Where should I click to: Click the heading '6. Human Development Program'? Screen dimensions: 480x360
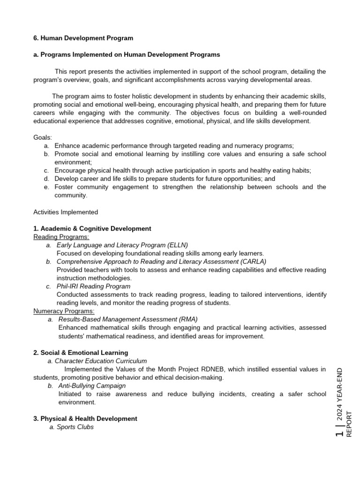[x=83, y=38]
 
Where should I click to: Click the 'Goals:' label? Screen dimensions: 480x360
[x=43, y=137]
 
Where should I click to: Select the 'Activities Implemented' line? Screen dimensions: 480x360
[x=66, y=212]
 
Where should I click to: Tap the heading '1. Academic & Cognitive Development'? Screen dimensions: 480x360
[x=92, y=228]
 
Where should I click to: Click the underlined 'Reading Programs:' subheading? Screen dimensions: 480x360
[x=61, y=237]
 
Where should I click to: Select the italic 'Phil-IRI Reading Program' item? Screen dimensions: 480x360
[x=93, y=286]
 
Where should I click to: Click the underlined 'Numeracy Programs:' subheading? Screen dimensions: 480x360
[x=64, y=311]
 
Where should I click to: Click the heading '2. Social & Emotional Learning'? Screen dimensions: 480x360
[x=81, y=352]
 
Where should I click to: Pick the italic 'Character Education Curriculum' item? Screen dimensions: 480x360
[x=101, y=361]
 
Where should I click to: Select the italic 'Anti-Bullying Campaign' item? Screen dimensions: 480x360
[x=92, y=386]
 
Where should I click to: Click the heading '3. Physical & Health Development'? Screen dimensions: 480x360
[x=85, y=419]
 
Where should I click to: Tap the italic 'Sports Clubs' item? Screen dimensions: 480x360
[x=75, y=427]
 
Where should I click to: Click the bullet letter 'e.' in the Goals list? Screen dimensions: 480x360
[x=47, y=187]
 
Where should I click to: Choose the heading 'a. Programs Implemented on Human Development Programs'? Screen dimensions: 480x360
[x=127, y=54]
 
